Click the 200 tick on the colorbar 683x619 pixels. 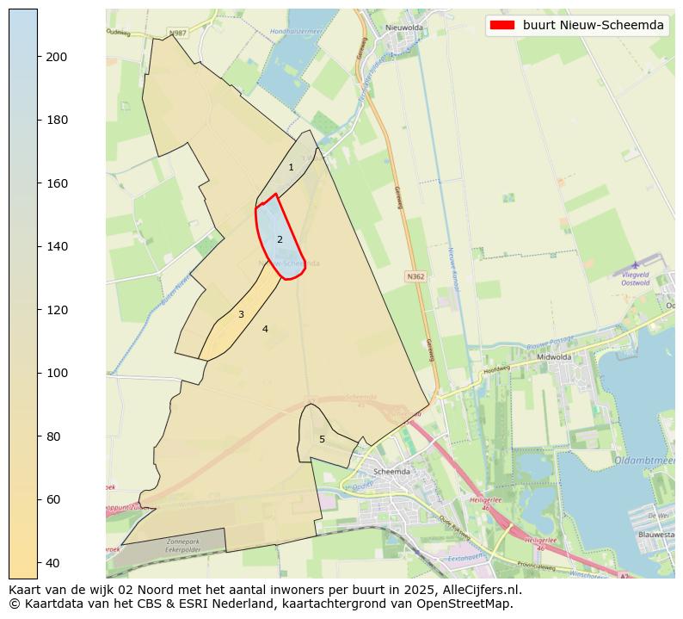coord(38,57)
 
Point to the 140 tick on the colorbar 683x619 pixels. coord(38,246)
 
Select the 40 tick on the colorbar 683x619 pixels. coord(38,563)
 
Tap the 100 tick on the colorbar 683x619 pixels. coord(38,373)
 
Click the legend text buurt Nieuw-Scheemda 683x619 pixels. coord(594,25)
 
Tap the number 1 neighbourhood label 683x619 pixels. coord(291,167)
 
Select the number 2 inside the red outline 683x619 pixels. coord(280,239)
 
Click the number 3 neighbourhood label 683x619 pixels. coord(241,314)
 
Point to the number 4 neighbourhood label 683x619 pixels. coord(265,329)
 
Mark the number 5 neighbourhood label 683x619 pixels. coord(322,439)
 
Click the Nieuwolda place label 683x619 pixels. coord(404,28)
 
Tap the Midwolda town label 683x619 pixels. coord(577,356)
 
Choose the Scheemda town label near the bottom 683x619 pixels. coord(392,472)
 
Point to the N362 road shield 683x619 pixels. coord(415,277)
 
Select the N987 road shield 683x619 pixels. coord(177,33)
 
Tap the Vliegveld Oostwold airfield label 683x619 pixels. coord(635,277)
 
